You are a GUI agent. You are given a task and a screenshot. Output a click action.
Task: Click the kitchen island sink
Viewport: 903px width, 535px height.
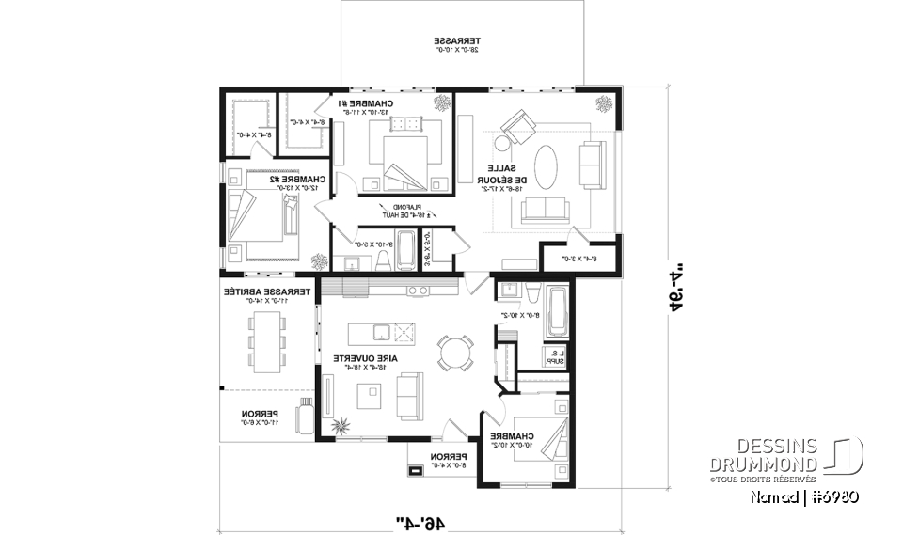tap(382, 331)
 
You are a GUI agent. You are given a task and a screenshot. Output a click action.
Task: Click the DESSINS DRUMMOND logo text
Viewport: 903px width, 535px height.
tap(764, 455)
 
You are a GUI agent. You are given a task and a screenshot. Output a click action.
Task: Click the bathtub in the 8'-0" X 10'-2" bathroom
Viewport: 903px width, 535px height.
tap(556, 309)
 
